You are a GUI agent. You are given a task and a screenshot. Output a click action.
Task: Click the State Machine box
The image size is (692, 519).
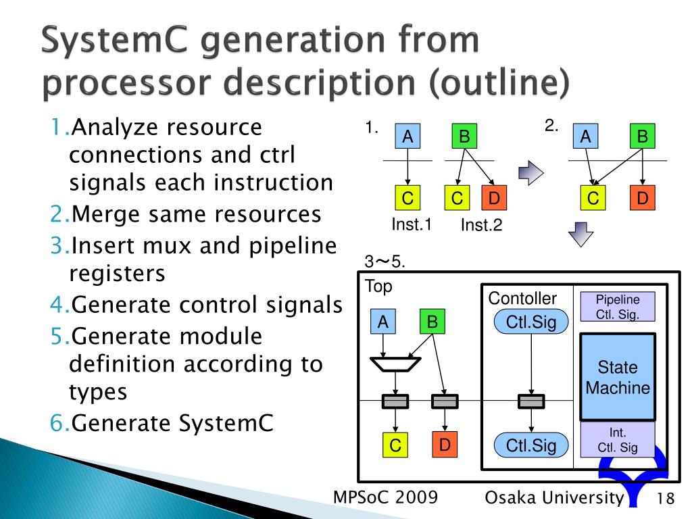point(618,377)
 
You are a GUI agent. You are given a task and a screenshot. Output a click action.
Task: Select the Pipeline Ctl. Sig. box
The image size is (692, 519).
point(618,307)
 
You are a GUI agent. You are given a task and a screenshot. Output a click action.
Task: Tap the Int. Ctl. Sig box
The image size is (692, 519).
point(618,439)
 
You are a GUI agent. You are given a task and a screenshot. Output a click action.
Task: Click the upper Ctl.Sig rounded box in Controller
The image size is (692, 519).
point(531,322)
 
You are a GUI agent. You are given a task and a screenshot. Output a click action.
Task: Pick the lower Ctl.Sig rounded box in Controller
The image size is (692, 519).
point(531,445)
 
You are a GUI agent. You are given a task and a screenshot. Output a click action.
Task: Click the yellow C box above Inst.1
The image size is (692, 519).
point(407,198)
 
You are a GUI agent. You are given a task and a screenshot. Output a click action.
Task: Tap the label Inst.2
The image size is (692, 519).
point(481,226)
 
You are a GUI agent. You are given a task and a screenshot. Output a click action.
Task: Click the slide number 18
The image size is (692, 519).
point(666,499)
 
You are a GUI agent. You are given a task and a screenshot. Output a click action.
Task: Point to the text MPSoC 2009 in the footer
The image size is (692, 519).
point(386,498)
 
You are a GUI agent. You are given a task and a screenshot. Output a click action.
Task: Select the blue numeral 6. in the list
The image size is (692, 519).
point(59,424)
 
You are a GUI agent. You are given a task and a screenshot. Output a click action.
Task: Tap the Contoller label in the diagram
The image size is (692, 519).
point(522,298)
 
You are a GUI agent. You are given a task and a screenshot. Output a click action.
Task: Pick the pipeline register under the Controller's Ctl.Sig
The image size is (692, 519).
point(531,402)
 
